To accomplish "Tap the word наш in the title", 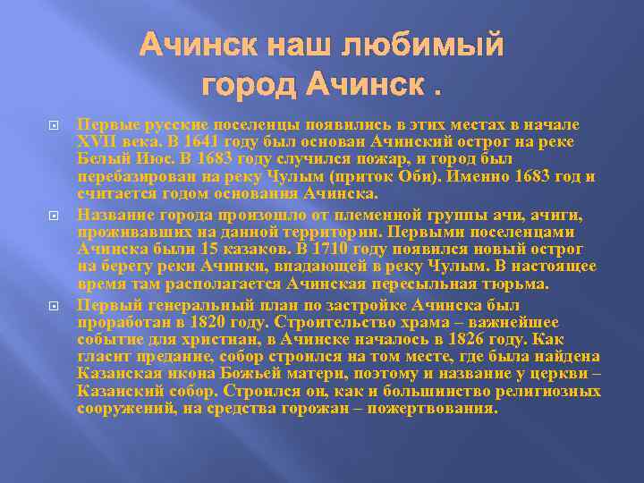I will click(x=315, y=44).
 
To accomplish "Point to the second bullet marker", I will click(x=54, y=216).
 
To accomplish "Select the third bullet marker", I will click(x=54, y=306).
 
